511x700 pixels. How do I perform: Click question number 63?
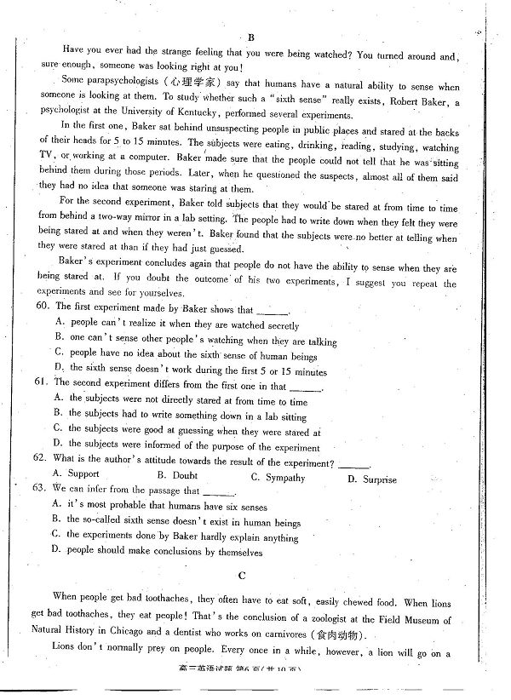[x=38, y=490]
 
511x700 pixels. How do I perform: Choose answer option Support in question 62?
[x=83, y=473]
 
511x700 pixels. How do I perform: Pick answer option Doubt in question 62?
[x=184, y=476]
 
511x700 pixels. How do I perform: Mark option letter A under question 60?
[x=58, y=323]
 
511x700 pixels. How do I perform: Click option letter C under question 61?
[x=58, y=428]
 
